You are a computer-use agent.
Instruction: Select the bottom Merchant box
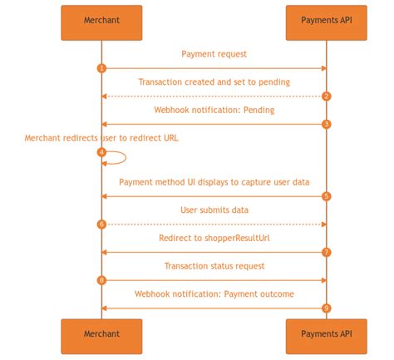tap(101, 335)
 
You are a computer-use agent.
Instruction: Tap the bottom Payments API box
tap(326, 335)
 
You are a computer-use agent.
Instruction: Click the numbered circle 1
tap(101, 68)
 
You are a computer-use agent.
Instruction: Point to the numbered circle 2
tap(327, 96)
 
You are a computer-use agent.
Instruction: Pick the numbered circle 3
tap(327, 124)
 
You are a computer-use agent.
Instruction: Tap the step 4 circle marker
tap(101, 152)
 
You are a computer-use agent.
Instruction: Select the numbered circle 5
tap(327, 196)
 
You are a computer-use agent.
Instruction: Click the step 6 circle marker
tap(101, 224)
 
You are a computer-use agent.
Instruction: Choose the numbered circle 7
tap(327, 252)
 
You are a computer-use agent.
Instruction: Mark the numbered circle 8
tap(101, 280)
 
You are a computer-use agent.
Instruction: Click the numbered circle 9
tap(327, 308)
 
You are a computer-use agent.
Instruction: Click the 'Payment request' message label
tap(214, 54)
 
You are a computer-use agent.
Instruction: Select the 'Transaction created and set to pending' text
tap(214, 82)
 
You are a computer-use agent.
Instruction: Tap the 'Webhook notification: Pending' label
tap(214, 110)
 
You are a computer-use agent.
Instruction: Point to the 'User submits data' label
tap(214, 210)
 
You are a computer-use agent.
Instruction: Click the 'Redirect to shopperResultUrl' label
tap(214, 238)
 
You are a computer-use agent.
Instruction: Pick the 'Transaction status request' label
tap(214, 266)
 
